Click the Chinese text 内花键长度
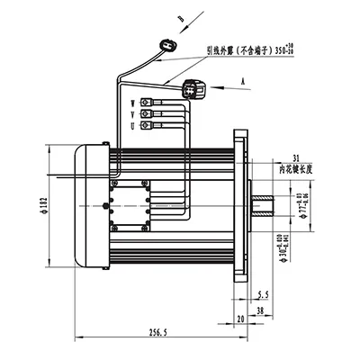pos(297,168)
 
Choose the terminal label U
pos(133,128)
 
